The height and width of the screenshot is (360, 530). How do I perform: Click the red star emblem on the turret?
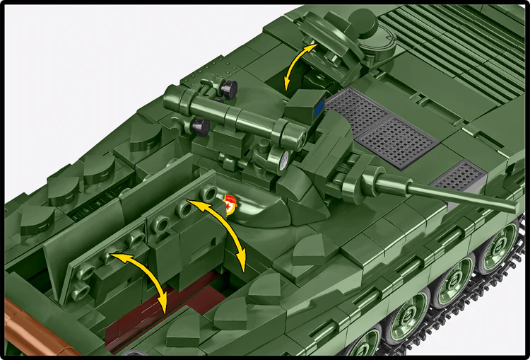[x=229, y=202]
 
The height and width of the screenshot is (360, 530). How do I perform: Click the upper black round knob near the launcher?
[x=228, y=88]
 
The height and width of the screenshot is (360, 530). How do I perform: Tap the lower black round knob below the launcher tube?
[x=201, y=126]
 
